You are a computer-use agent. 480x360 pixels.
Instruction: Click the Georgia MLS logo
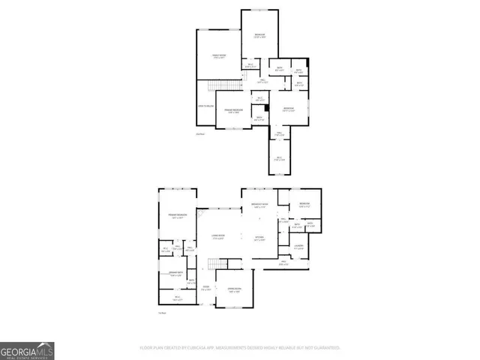click(27, 350)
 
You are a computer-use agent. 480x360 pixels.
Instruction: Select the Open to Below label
click(206, 106)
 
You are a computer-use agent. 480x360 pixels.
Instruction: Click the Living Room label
click(220, 238)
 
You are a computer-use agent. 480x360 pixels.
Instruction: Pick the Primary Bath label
click(175, 274)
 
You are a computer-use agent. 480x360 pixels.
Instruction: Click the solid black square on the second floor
click(266, 106)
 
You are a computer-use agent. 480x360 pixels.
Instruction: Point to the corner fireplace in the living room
click(201, 214)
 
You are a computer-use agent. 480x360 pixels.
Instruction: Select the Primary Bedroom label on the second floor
click(234, 110)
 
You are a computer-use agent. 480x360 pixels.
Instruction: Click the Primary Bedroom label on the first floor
click(177, 217)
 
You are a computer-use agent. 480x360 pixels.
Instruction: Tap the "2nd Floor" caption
click(199, 134)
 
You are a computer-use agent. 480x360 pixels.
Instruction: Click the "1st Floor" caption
click(162, 313)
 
